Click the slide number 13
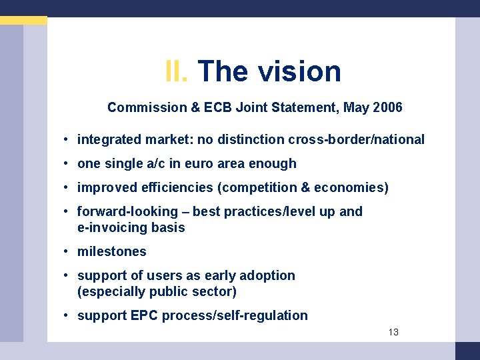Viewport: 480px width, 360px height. coord(393,332)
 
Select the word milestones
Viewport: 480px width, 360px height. coord(111,251)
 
